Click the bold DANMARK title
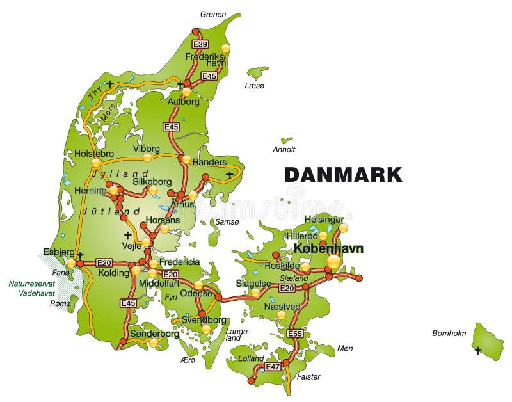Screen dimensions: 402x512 point(343,174)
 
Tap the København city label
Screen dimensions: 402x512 point(328,248)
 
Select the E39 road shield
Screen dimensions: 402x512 point(200,44)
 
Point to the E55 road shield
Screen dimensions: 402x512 point(295,334)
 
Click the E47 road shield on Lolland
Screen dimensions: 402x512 point(273,367)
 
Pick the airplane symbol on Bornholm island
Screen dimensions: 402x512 point(477,350)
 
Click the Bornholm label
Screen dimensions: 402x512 point(449,333)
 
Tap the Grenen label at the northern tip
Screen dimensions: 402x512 point(212,14)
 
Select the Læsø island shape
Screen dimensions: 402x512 point(259,72)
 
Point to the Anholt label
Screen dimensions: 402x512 point(284,150)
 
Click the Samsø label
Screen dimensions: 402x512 point(227,221)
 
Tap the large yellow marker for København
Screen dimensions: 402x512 point(333,261)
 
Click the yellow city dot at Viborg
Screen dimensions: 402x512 point(147,157)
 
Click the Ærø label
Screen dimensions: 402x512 point(188,360)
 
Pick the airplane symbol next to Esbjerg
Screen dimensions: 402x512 point(80,255)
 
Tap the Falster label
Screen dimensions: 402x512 point(308,376)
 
